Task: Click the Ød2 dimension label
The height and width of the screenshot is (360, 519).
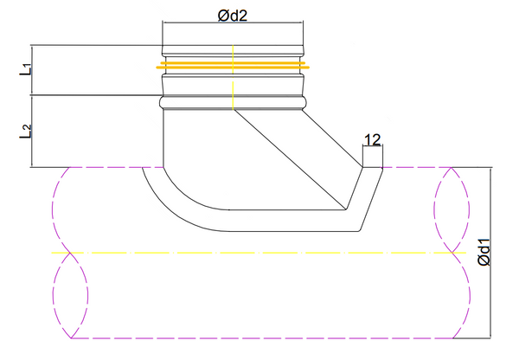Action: pyautogui.click(x=233, y=16)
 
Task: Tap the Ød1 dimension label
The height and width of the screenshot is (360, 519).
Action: pyautogui.click(x=484, y=252)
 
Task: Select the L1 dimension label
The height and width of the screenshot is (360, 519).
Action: pyautogui.click(x=25, y=69)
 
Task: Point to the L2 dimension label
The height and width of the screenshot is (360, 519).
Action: pyautogui.click(x=25, y=132)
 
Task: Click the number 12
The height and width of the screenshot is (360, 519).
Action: pyautogui.click(x=372, y=140)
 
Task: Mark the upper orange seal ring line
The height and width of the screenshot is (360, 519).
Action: pyautogui.click(x=233, y=62)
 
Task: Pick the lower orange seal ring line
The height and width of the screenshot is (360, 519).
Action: pyautogui.click(x=233, y=67)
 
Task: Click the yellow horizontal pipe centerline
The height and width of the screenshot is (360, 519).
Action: pyautogui.click(x=259, y=253)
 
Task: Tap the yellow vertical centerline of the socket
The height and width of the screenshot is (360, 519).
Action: pyautogui.click(x=233, y=77)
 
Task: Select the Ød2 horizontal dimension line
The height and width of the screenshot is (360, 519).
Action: pyautogui.click(x=233, y=22)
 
